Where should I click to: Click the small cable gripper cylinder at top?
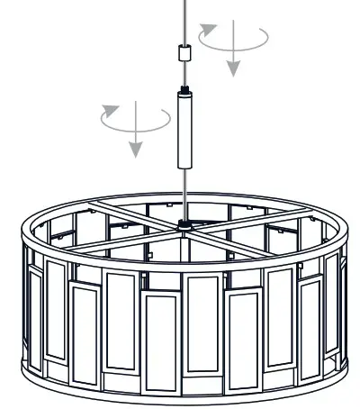[186, 53]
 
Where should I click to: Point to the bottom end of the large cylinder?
[186, 165]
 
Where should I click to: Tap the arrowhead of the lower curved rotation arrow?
[111, 110]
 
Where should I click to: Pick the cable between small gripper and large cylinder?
[186, 73]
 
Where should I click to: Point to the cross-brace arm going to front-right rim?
[270, 248]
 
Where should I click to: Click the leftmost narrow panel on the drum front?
[35, 315]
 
